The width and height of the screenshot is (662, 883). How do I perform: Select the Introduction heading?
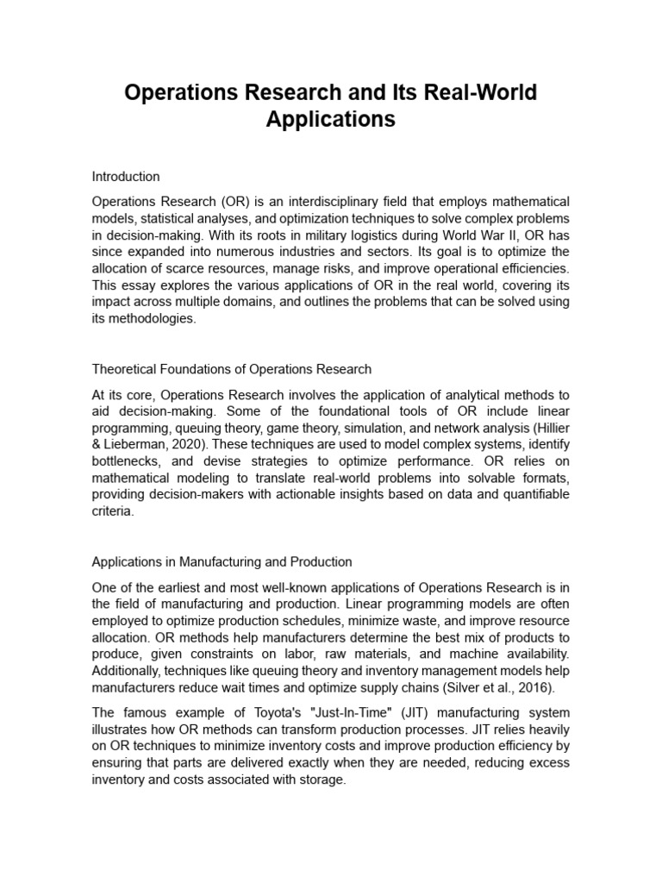(x=126, y=176)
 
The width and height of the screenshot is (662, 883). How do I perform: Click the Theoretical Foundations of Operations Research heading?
(x=232, y=369)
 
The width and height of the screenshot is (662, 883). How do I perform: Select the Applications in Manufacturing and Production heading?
(x=222, y=561)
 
